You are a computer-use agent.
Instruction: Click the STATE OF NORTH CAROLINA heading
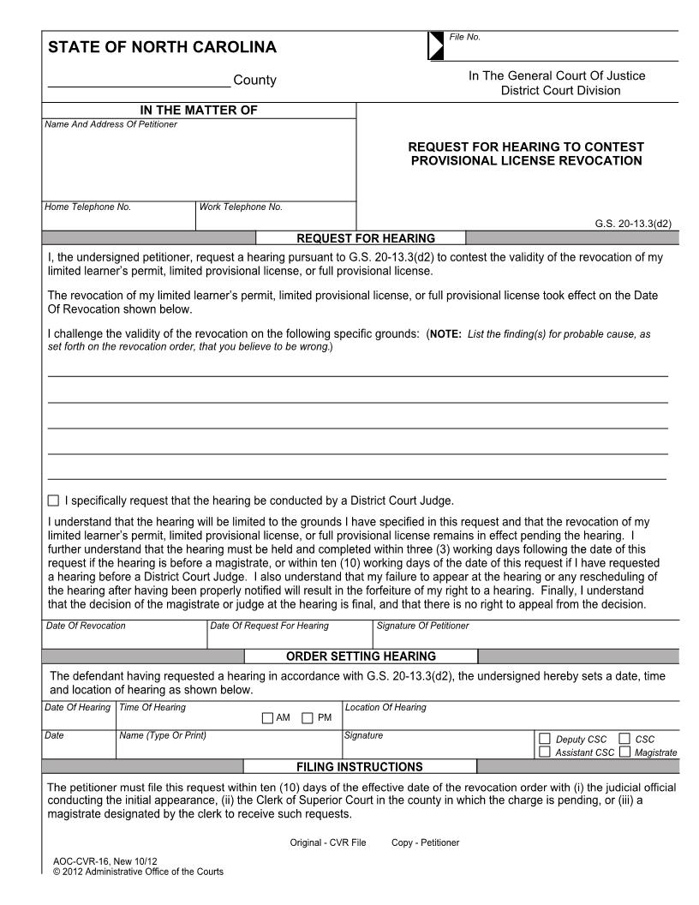coord(162,47)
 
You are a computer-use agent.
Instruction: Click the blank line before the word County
coord(138,81)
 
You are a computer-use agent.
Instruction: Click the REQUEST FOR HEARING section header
coord(365,238)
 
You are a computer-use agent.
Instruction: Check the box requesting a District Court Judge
coord(54,500)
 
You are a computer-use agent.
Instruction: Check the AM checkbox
coord(268,718)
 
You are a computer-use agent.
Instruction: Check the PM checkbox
coord(308,718)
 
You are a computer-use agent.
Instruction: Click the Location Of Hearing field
coord(511,718)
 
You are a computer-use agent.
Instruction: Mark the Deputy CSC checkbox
coord(545,739)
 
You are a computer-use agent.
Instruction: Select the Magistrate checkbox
coord(624,752)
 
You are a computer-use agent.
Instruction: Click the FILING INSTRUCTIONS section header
coord(360,766)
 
